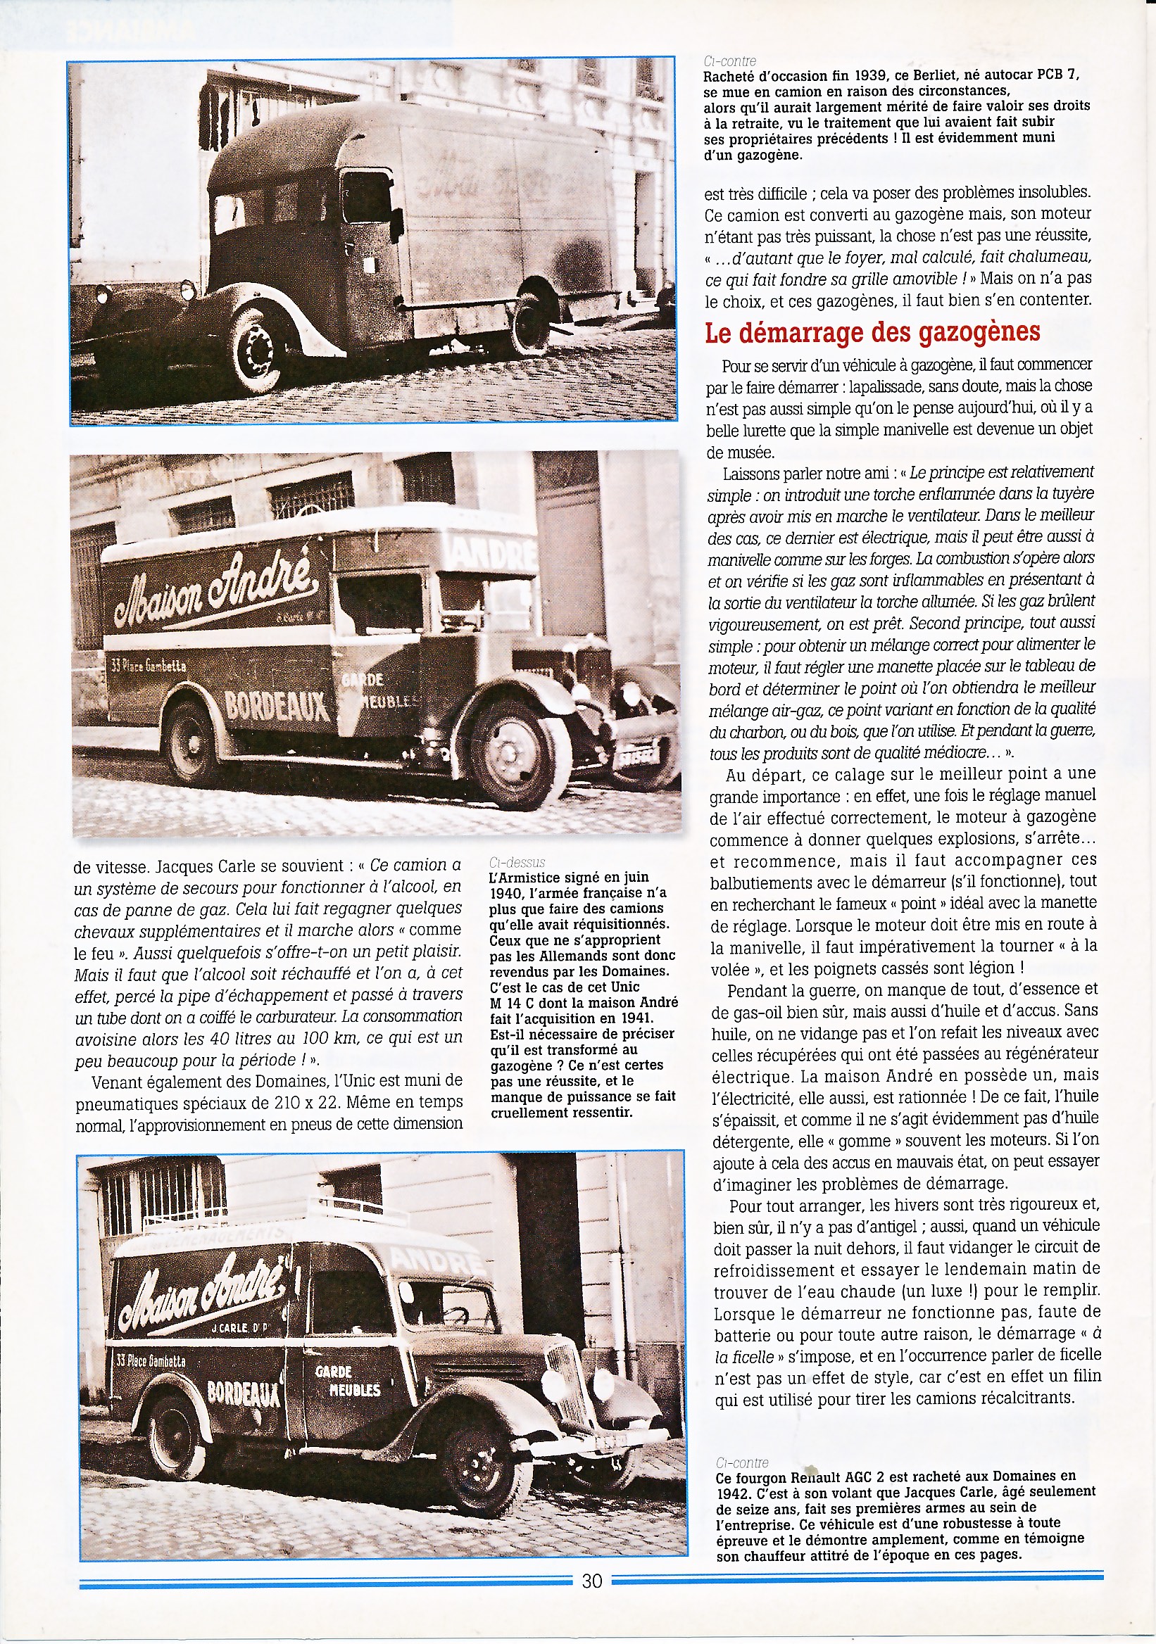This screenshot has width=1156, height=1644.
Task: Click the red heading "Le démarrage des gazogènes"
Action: [872, 332]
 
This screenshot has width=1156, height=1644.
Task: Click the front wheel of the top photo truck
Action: [256, 352]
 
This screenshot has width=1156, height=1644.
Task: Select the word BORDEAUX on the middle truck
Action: [277, 705]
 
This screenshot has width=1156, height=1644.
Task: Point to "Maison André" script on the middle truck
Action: [213, 592]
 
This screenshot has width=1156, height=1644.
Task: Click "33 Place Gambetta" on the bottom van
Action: [151, 1359]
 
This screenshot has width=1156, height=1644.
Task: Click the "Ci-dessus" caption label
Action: [517, 862]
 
